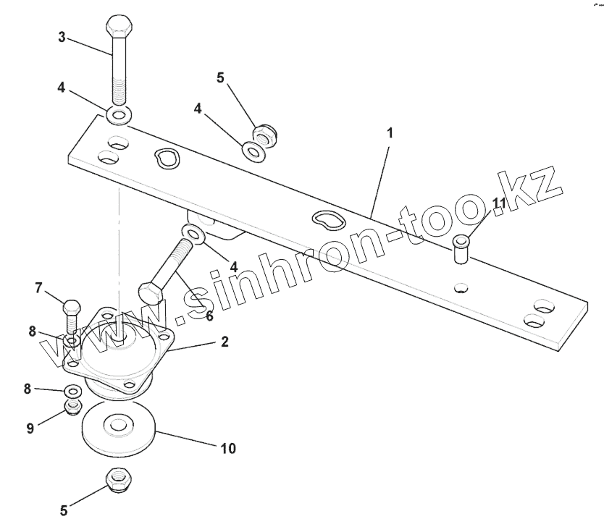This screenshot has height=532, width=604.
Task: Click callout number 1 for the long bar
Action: [390, 133]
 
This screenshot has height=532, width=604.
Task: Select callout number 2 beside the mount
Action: [225, 342]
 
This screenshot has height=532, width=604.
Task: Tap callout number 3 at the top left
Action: [62, 38]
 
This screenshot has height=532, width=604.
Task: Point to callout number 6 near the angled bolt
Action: [209, 316]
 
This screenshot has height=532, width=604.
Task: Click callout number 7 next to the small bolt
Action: [39, 288]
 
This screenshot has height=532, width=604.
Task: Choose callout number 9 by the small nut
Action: [30, 428]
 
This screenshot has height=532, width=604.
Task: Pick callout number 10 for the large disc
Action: [227, 449]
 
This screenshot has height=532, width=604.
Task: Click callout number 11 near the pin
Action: [498, 204]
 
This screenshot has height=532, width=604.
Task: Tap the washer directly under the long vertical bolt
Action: [119, 114]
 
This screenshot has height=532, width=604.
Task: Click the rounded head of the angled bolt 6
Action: [149, 294]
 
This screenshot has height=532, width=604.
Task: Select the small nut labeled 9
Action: [72, 408]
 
